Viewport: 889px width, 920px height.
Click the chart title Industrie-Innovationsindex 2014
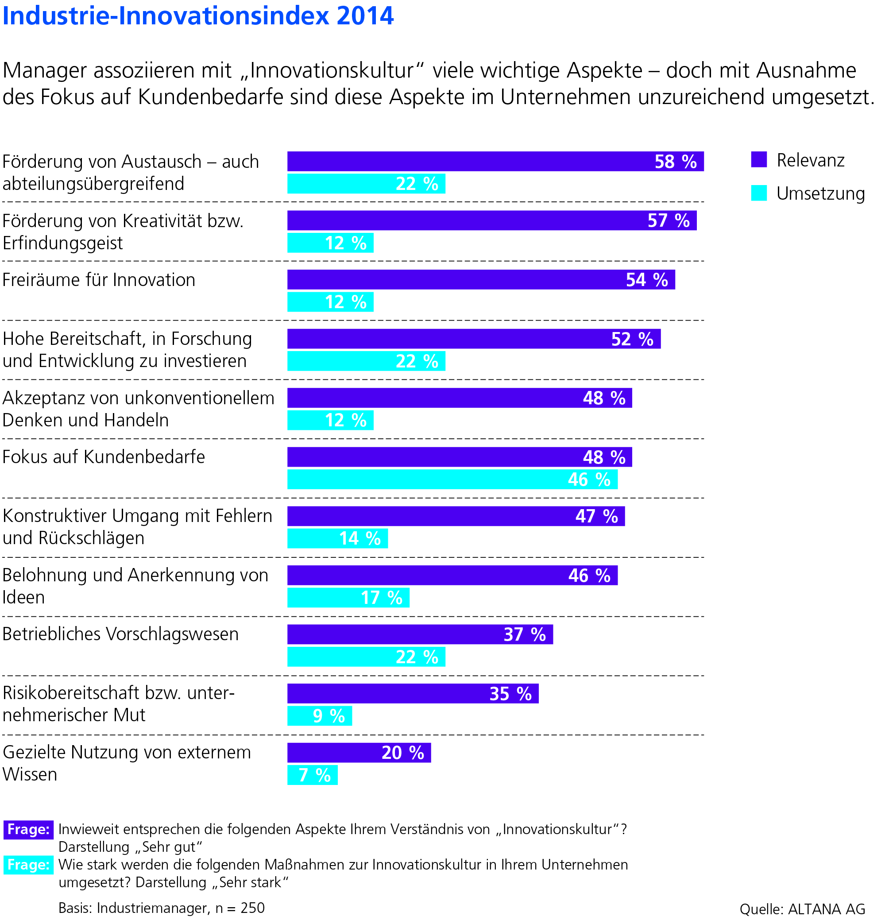click(197, 16)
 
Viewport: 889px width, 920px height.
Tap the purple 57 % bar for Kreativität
click(491, 220)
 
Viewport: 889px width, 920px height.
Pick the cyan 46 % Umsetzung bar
click(452, 479)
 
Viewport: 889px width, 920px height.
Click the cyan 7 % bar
click(312, 775)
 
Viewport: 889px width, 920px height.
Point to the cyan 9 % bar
click(319, 716)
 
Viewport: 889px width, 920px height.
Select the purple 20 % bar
click(359, 753)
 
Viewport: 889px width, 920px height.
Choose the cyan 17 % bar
click(348, 598)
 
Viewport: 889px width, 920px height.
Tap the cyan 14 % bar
click(337, 538)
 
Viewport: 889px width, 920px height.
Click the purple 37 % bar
click(420, 634)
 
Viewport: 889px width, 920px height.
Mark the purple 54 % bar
click(481, 280)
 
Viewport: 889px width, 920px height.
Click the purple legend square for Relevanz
click(758, 159)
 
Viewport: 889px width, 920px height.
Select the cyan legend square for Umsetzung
click(758, 193)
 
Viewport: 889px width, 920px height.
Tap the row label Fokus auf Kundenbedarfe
click(104, 457)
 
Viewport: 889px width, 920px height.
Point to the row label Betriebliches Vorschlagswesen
click(120, 634)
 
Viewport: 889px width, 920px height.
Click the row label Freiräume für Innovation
click(99, 280)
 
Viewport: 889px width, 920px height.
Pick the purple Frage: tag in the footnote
click(28, 829)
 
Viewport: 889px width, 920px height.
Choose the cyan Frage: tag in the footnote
click(28, 865)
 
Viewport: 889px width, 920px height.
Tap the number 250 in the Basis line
click(252, 908)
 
